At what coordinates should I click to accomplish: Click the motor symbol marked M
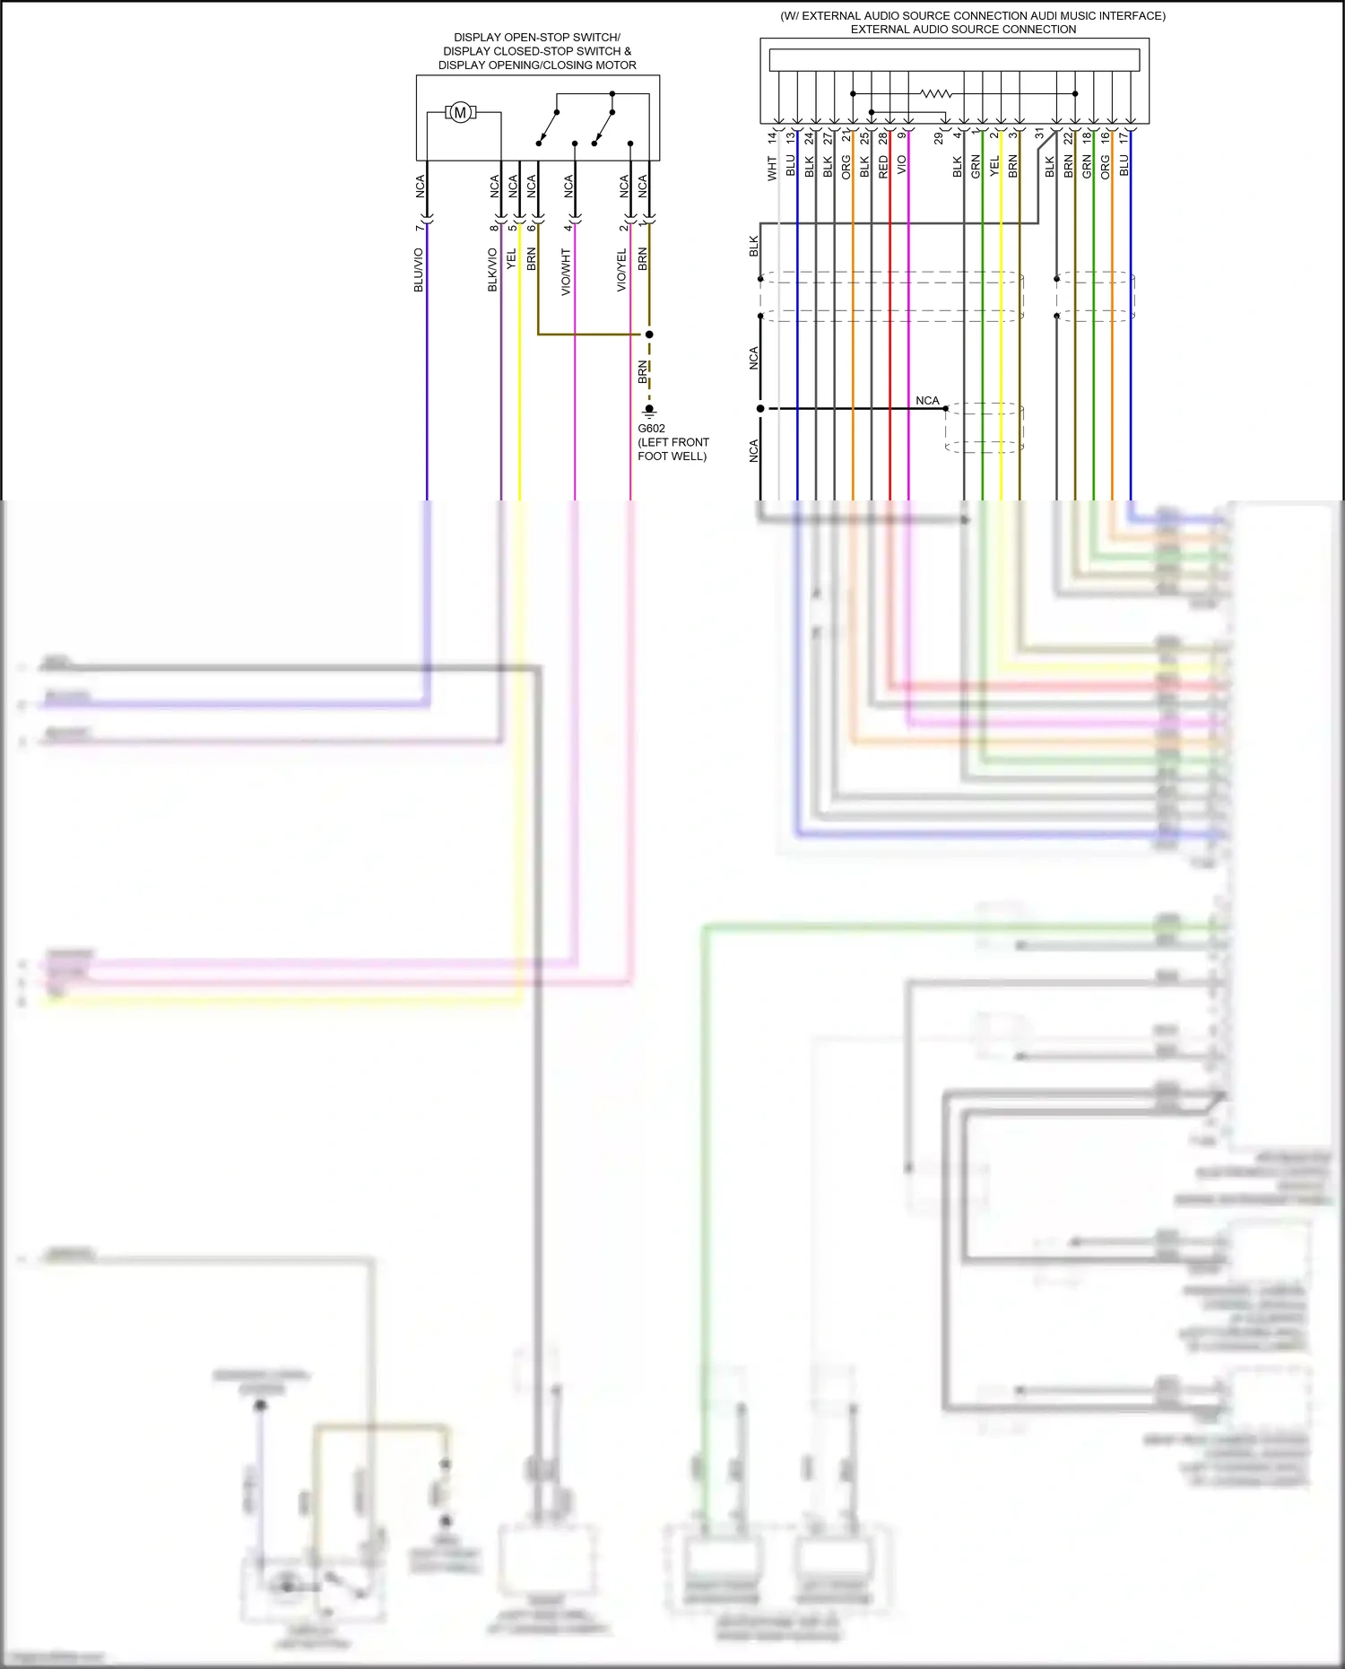click(460, 113)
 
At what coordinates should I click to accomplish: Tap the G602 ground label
click(651, 429)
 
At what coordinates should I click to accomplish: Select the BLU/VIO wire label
click(418, 270)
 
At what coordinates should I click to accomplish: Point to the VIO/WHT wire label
click(566, 272)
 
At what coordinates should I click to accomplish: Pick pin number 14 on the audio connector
click(772, 137)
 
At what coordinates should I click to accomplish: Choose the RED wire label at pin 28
click(883, 166)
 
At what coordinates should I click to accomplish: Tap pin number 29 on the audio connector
click(939, 137)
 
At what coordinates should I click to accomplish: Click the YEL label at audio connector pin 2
click(994, 166)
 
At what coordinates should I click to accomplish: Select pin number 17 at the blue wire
click(1124, 137)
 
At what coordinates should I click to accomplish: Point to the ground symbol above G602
click(649, 411)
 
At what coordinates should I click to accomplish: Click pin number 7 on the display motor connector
click(419, 228)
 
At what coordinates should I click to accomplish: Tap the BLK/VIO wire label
click(492, 270)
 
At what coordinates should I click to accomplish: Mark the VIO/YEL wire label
click(621, 270)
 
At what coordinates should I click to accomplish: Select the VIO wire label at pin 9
click(902, 165)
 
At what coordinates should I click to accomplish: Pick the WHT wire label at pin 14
click(772, 168)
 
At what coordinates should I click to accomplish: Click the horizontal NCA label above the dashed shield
click(927, 401)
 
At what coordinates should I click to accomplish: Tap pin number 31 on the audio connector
click(1039, 134)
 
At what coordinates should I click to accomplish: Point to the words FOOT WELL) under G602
click(672, 456)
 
